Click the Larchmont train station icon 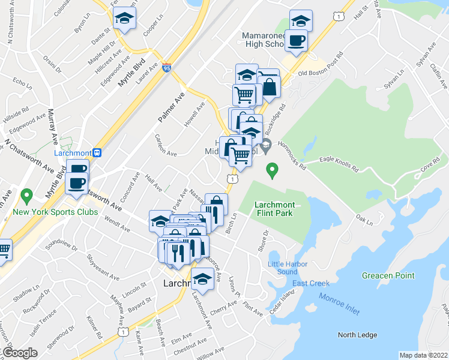(97, 152)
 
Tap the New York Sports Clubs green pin (26, 196)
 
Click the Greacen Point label (388, 275)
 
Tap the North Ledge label (355, 335)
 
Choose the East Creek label (311, 283)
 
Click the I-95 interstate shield (167, 68)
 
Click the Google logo (20, 352)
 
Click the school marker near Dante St (124, 19)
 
